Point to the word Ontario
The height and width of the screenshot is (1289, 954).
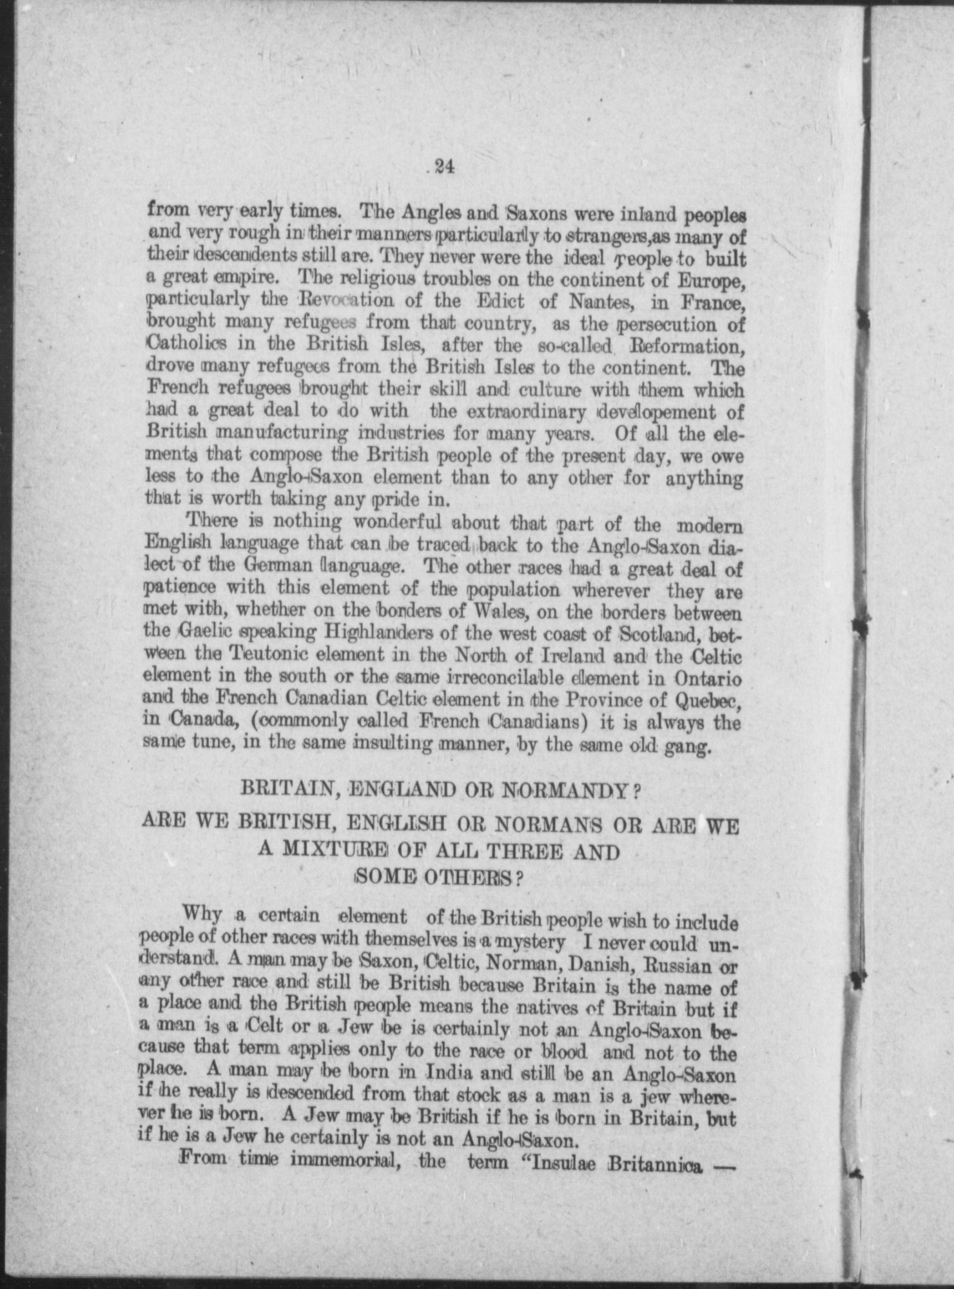tap(709, 678)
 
